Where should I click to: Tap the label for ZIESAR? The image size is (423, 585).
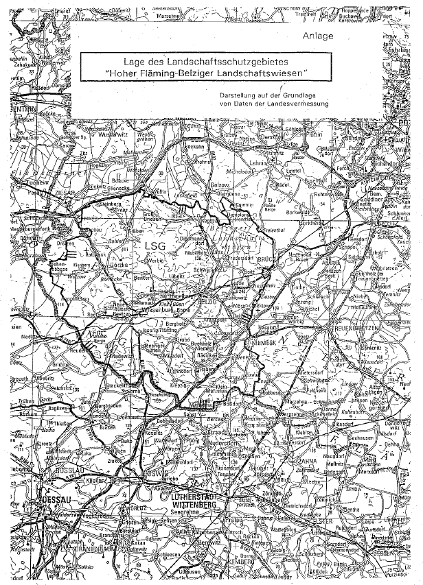(x=67, y=195)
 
